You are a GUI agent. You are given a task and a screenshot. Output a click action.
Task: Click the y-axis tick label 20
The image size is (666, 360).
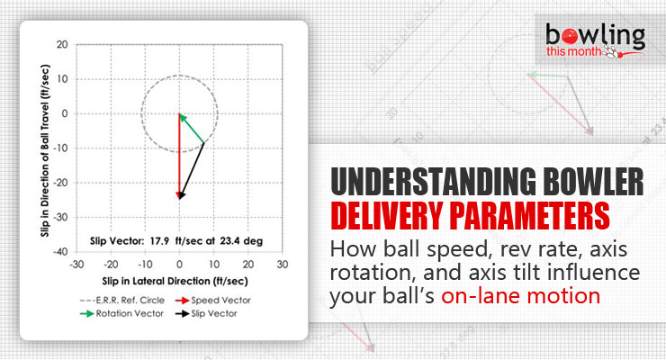click(x=62, y=43)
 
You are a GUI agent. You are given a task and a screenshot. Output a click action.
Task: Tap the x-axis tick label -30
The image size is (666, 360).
click(x=76, y=264)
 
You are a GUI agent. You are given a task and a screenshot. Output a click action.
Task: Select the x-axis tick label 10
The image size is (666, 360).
click(x=214, y=264)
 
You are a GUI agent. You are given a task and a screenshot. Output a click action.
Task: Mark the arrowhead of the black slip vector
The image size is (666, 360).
click(x=180, y=196)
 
